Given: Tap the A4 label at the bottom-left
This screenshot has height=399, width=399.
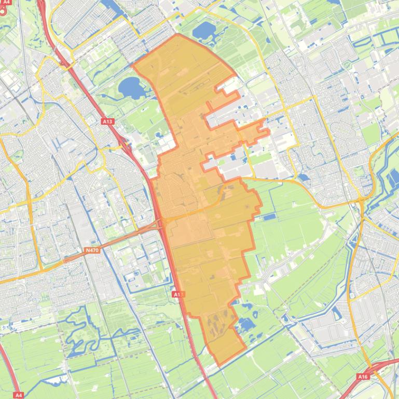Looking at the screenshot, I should point(18,395).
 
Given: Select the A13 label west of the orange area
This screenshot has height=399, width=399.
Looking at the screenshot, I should point(107,121).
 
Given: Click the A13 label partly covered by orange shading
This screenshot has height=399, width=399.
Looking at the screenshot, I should point(178,294).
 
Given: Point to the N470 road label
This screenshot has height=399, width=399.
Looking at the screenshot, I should point(91,250).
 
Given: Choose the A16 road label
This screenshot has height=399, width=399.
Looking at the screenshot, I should point(363,377).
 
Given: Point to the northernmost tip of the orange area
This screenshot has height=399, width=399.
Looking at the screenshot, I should point(178,35).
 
